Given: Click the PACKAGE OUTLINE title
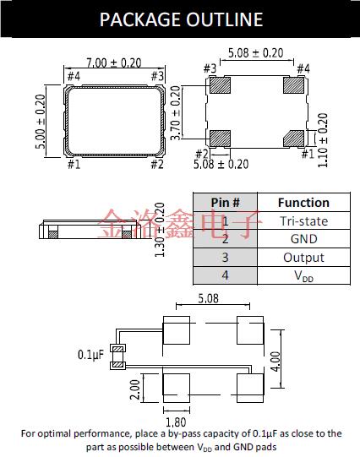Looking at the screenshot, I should [181, 19].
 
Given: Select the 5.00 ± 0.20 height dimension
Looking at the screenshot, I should [40, 120].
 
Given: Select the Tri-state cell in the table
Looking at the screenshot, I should [303, 221].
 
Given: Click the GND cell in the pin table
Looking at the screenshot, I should [303, 239].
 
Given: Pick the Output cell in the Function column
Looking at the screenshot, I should [303, 258].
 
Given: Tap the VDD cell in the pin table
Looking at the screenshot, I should [303, 276].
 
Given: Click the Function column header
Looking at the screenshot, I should [303, 203].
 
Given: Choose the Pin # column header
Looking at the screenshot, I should [225, 203].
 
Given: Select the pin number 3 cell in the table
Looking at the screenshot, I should [225, 258].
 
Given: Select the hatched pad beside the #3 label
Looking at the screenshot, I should [221, 86].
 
